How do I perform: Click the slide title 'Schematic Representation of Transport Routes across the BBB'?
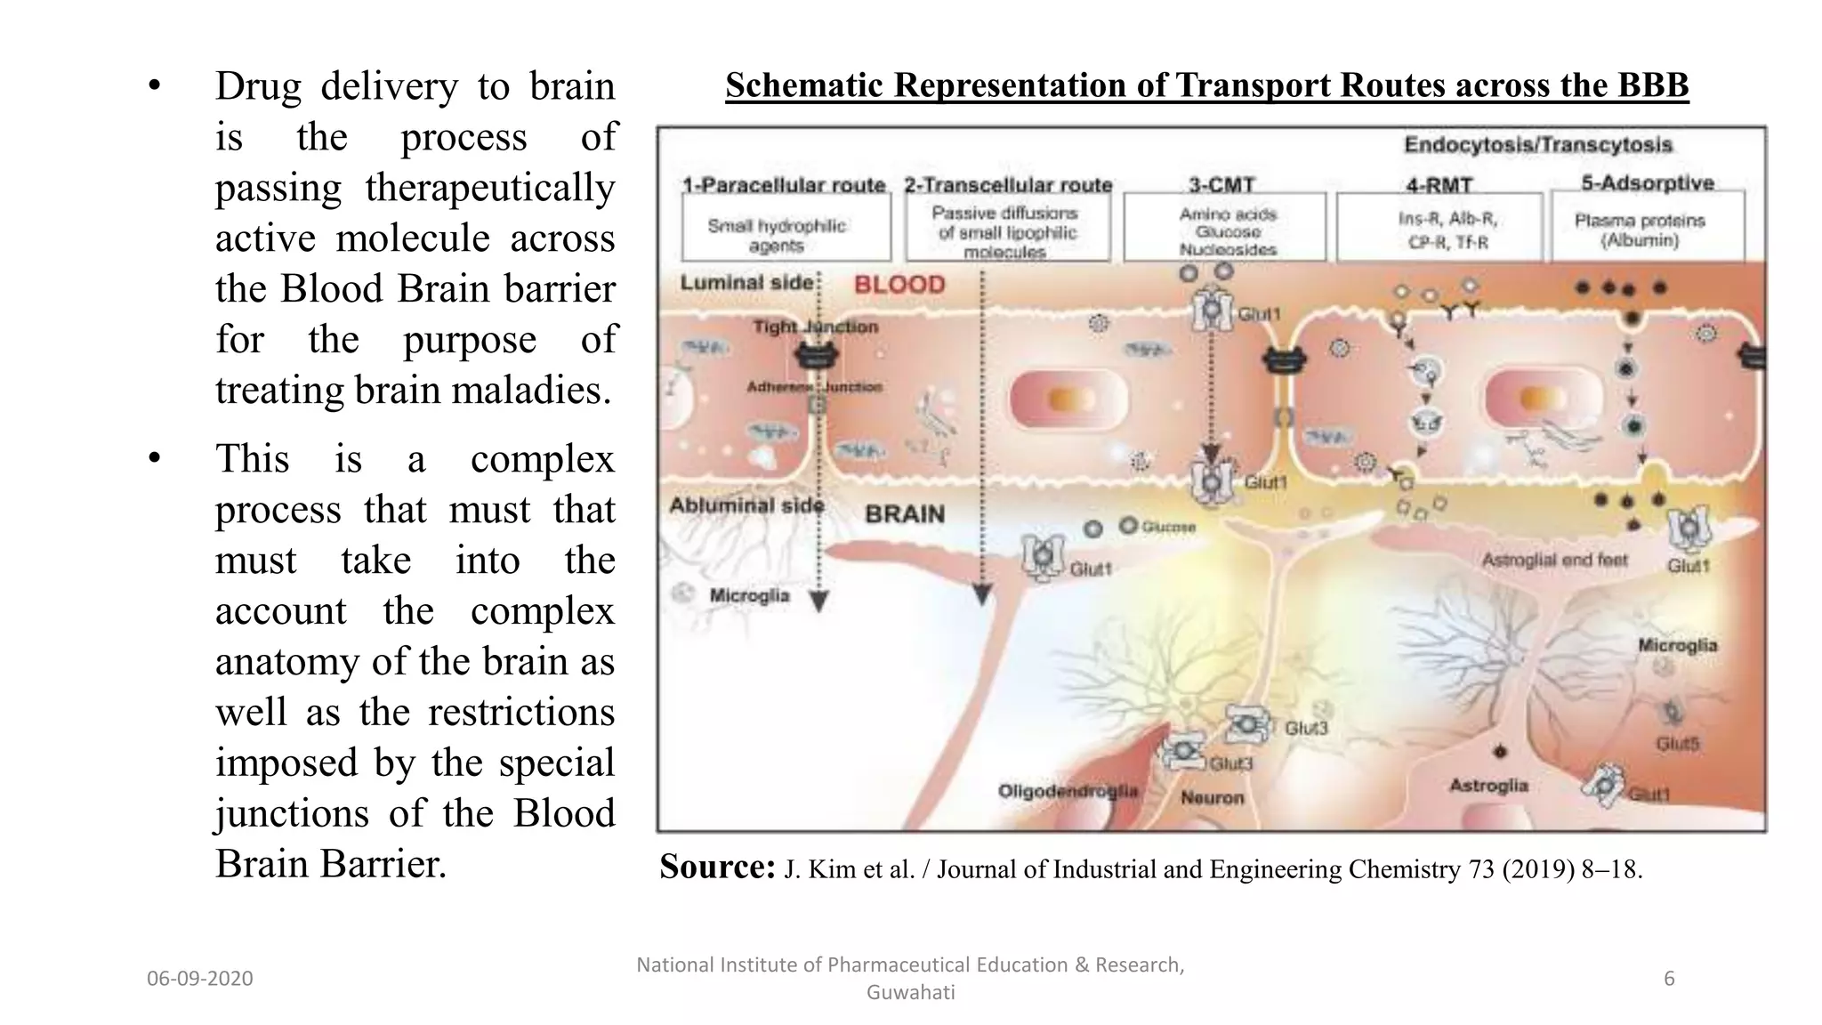point(1206,85)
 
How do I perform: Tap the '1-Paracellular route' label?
point(784,185)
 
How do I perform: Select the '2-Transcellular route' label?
point(1008,185)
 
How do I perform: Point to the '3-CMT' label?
point(1221,185)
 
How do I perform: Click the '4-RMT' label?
point(1439,186)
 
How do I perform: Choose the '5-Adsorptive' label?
point(1648,183)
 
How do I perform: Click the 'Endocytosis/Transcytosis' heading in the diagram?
point(1538,145)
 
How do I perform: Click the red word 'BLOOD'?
point(899,285)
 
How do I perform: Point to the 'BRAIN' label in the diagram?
point(905,514)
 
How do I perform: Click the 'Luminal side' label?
point(746,283)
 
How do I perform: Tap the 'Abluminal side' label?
point(746,505)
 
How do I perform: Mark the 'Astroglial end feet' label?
point(1554,560)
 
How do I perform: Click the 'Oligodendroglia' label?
point(1068,791)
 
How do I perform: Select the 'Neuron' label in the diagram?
point(1212,797)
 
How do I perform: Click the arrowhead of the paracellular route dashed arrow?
point(819,602)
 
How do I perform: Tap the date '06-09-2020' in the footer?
point(200,979)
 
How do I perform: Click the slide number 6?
point(1669,979)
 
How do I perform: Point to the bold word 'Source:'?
point(717,867)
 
